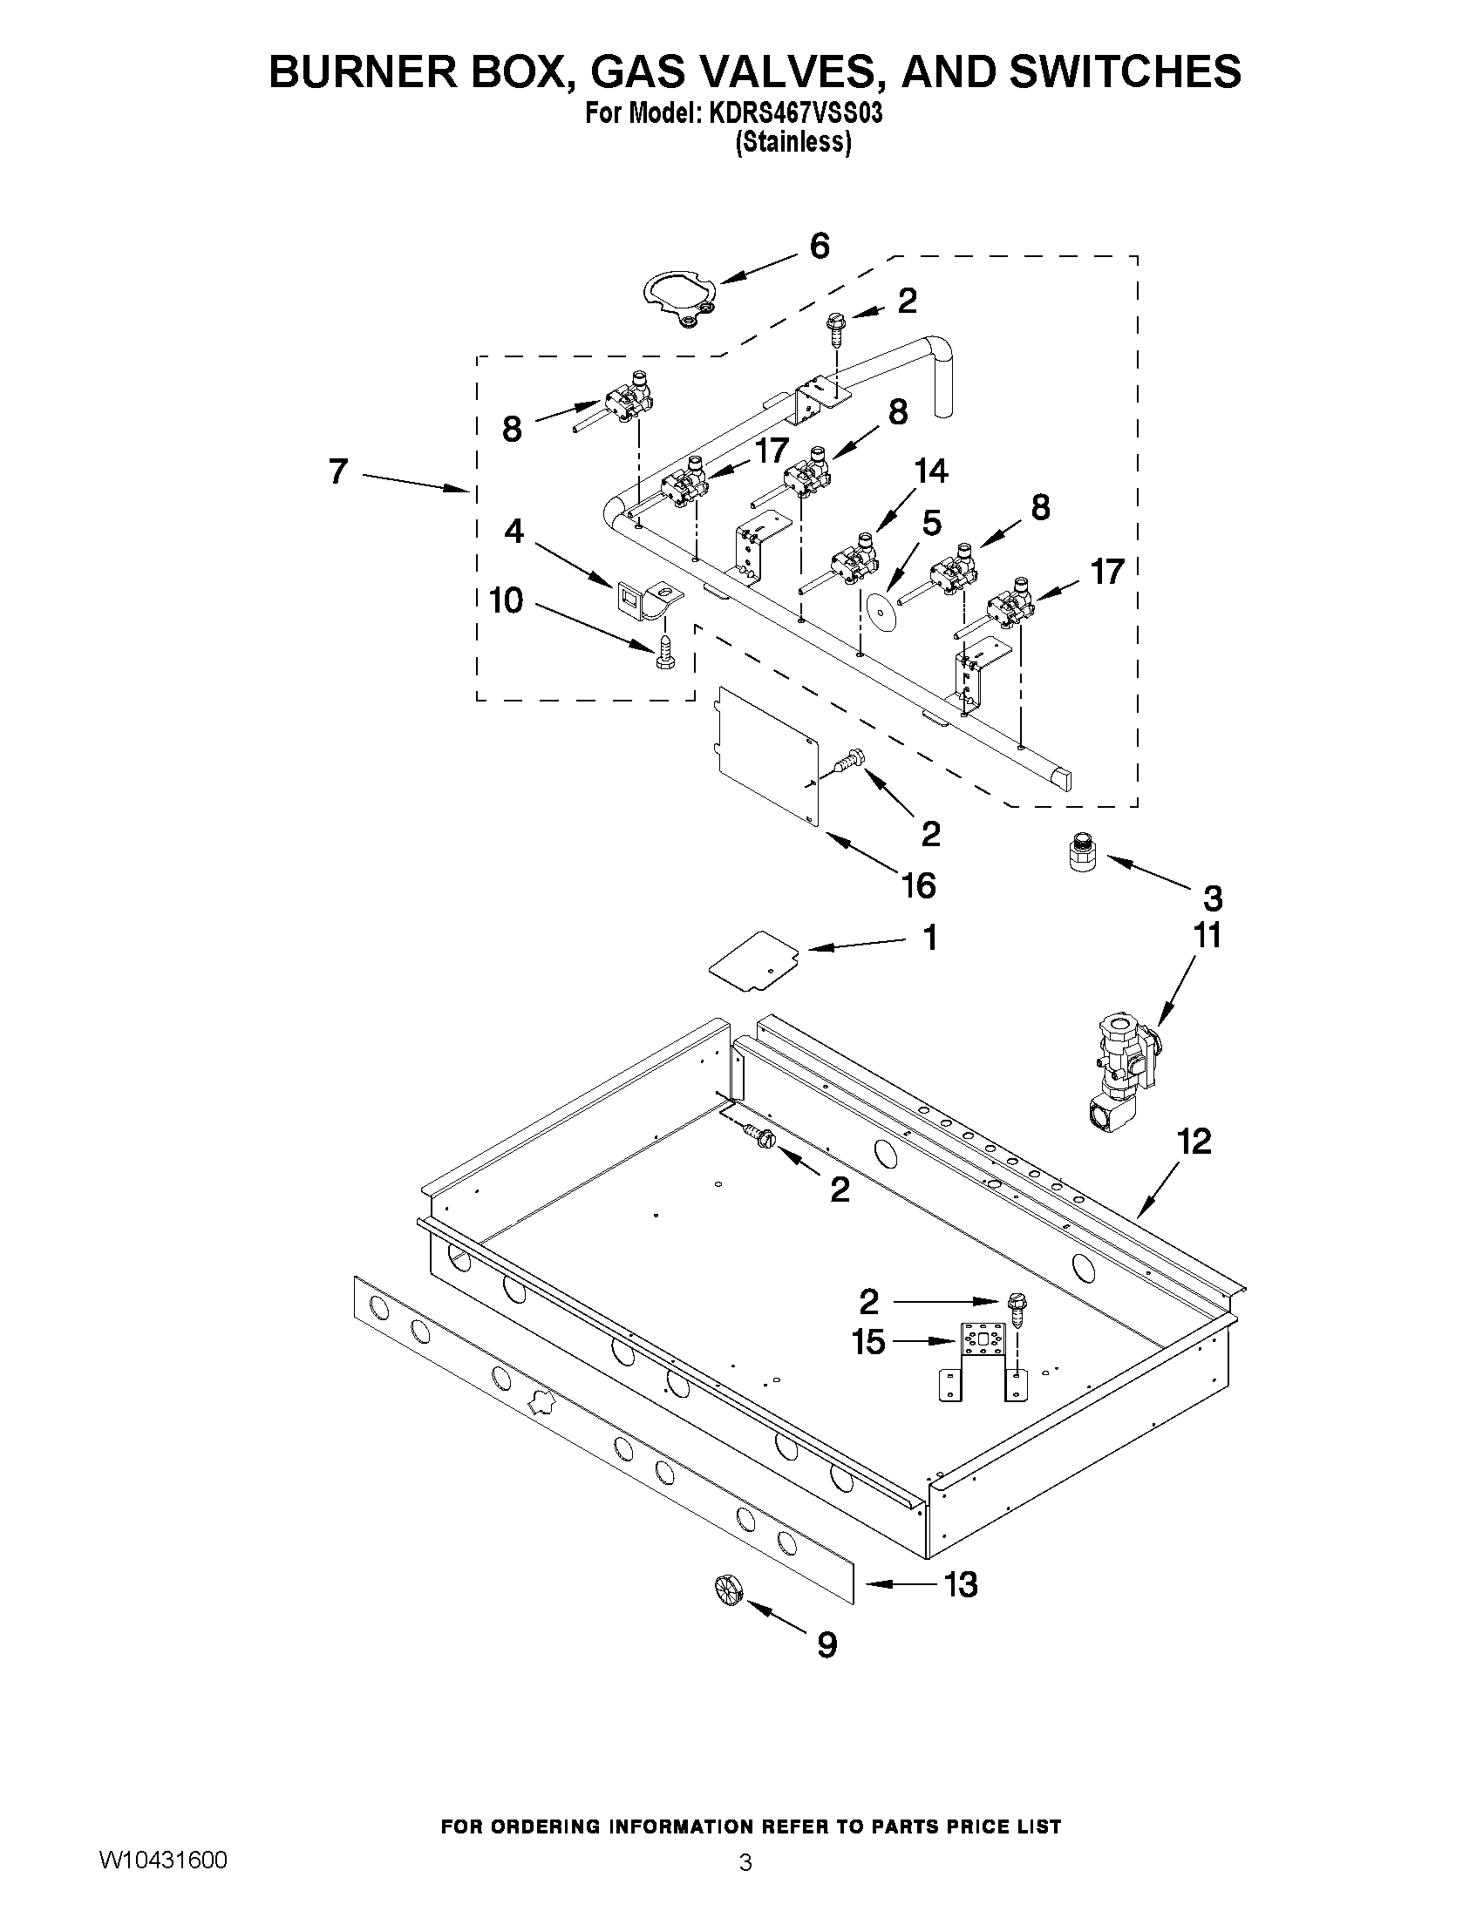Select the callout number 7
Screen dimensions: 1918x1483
(x=339, y=471)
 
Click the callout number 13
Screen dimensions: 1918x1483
(x=961, y=1585)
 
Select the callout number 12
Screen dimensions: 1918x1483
(x=1194, y=1142)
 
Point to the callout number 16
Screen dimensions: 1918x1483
(x=918, y=885)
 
